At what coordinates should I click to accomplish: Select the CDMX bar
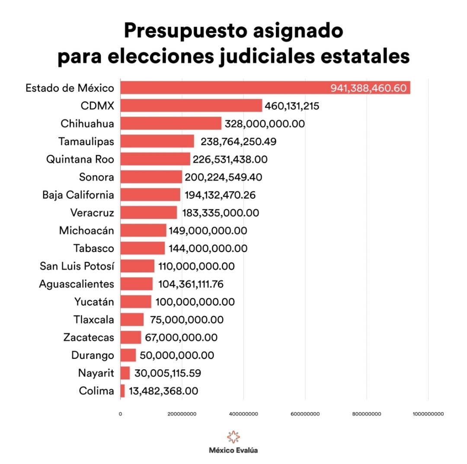pos(191,106)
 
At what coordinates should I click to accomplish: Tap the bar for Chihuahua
pos(171,123)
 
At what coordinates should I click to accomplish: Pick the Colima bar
pos(122,391)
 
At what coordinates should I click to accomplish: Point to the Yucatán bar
pos(136,302)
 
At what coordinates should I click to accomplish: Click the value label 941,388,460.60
pos(368,88)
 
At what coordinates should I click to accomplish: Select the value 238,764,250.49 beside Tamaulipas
pos(238,141)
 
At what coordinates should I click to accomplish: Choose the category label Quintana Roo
pos(80,159)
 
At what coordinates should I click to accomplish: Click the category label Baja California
pos(78,195)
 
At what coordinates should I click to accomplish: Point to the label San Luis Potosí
pos(77,266)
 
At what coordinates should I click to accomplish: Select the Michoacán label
pos(86,230)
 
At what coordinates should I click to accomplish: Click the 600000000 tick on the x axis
pos(305,414)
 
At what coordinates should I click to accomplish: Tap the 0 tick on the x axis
pos(120,414)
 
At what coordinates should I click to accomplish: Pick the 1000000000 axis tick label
pos(428,414)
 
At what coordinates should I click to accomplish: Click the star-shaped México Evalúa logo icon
pos(233,437)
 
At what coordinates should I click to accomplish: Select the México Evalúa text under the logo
pos(233,451)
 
